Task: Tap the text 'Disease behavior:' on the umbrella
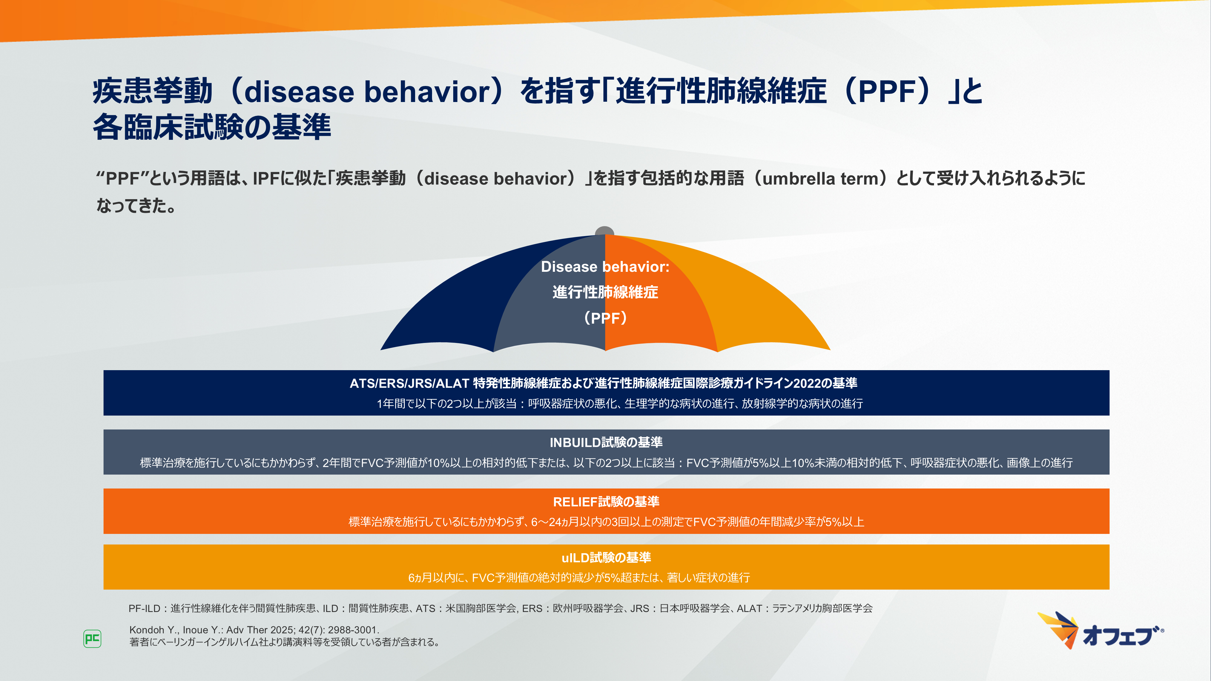pos(605,266)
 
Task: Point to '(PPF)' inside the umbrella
pos(605,318)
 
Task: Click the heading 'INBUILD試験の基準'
pos(606,442)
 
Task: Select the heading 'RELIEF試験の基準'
pos(606,502)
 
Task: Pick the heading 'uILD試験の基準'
pos(606,558)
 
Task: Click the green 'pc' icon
pos(92,639)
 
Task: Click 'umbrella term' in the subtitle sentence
pos(820,179)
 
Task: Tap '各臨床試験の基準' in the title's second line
pos(212,127)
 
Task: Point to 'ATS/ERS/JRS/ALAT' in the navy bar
pos(409,383)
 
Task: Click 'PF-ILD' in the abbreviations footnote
pos(144,608)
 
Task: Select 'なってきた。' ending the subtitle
pos(136,206)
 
